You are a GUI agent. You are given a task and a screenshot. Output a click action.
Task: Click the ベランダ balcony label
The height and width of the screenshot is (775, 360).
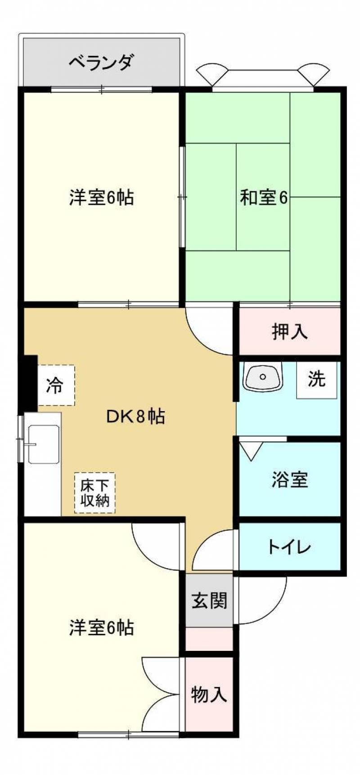point(101,62)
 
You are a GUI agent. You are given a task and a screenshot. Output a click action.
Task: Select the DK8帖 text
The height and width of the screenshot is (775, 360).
point(135,417)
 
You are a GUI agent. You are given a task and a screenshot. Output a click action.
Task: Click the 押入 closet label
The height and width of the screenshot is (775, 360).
point(290,332)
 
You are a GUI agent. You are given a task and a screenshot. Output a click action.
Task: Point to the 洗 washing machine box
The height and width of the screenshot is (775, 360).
point(316,379)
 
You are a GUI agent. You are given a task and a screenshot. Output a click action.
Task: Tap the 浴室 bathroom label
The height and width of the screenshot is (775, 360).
point(290,479)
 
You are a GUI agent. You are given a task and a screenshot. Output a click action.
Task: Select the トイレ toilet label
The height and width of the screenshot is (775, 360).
point(289,547)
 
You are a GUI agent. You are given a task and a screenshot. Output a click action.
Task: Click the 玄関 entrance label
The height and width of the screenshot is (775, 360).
point(209,600)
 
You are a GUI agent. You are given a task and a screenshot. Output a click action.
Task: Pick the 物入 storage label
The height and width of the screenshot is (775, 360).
point(209,694)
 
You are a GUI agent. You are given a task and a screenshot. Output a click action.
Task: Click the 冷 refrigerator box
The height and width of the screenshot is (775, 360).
point(55,385)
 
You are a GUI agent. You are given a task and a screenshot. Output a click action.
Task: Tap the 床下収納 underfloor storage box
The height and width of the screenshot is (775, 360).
point(94,493)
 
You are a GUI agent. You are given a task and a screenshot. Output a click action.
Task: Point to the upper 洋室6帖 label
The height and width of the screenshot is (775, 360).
point(101,197)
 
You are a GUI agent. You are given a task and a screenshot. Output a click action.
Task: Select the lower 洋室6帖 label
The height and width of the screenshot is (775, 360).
point(101,627)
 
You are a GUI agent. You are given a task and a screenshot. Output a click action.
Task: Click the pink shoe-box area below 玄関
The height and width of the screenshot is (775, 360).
point(209,639)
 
